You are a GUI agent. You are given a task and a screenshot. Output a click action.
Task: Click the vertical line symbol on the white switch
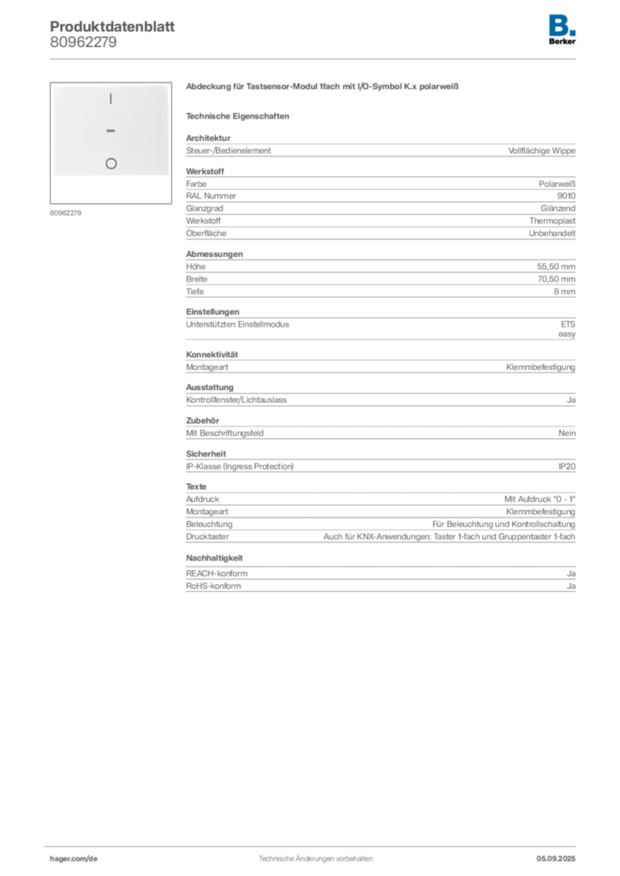point(110,99)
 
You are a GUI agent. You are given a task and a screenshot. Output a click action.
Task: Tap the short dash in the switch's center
point(110,131)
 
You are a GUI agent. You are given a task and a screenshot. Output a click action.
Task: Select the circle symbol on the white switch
point(110,163)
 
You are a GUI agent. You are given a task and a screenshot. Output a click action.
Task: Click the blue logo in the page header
point(562,26)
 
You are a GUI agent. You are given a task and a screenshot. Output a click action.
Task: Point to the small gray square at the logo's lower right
point(578,33)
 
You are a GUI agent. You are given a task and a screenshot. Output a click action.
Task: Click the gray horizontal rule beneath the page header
point(315,58)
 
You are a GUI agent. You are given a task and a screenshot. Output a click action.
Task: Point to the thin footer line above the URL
point(315,844)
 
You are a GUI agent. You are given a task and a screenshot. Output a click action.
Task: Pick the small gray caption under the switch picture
point(65,212)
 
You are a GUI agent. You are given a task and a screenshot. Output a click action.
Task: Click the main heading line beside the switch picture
point(325,87)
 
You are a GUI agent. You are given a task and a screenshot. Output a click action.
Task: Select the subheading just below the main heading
point(240,115)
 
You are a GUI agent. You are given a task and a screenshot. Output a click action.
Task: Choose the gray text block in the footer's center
point(315,855)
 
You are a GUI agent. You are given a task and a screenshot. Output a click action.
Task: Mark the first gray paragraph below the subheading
point(379,149)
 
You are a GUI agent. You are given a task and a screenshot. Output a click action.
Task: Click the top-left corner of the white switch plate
point(53,86)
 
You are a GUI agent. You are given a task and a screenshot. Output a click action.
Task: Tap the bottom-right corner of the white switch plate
point(168,176)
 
